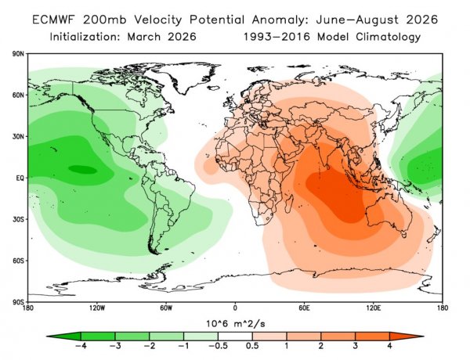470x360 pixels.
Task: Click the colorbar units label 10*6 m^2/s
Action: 234,323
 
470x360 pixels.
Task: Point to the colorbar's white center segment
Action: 234,336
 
